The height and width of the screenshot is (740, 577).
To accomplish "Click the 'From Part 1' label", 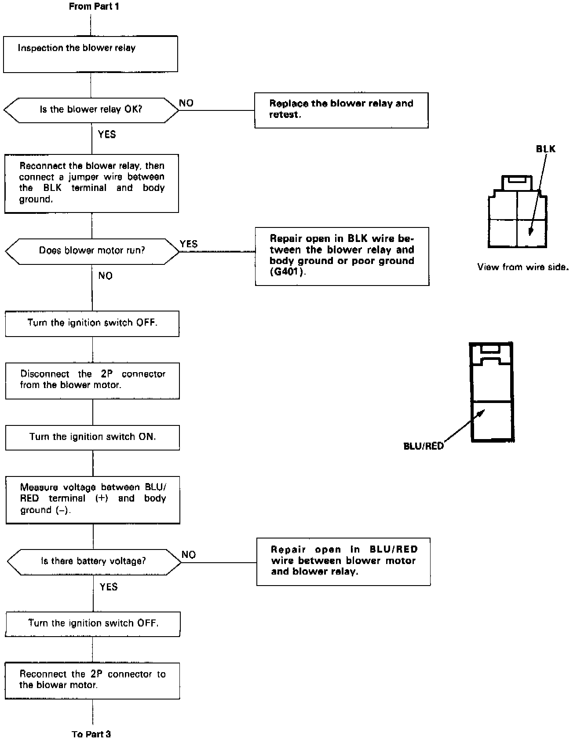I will [x=94, y=7].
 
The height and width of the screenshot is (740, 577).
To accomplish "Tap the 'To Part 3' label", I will [x=91, y=734].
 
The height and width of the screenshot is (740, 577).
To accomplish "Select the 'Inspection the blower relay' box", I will [x=91, y=54].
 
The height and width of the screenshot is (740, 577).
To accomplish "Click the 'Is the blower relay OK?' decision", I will [x=91, y=110].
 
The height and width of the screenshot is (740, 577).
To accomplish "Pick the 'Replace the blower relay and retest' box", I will [x=341, y=110].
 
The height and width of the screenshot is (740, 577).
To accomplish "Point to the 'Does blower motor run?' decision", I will [x=92, y=251].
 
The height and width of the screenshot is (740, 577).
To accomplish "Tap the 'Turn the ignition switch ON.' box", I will [x=92, y=437].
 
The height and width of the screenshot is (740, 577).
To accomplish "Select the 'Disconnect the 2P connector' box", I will [x=92, y=381].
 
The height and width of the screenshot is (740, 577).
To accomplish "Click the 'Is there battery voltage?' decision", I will [x=94, y=561].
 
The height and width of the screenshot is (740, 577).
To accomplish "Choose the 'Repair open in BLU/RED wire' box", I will [x=343, y=561].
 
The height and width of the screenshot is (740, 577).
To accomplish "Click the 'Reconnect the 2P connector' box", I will [x=92, y=681].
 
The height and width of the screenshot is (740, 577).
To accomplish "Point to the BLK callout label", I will [x=545, y=149].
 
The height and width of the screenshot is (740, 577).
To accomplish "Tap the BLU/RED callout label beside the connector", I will [x=424, y=446].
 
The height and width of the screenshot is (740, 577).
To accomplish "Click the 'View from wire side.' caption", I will [x=522, y=267].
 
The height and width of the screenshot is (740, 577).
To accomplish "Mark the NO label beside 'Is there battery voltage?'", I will [x=189, y=555].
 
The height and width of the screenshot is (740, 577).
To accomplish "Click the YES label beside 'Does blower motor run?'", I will [x=189, y=244].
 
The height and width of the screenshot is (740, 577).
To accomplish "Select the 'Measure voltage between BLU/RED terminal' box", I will [x=93, y=499].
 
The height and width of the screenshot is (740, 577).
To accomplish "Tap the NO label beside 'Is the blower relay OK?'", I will [x=186, y=103].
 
